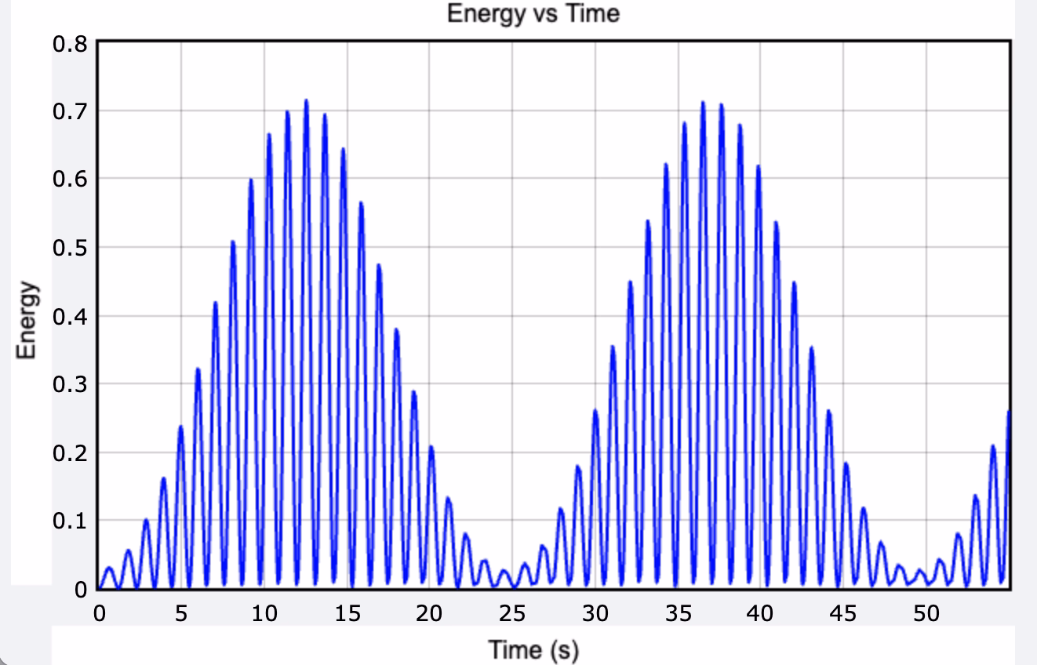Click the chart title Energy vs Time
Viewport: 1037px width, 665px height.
[533, 13]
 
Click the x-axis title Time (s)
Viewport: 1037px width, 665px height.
[533, 649]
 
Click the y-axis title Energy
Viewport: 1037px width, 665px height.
[27, 319]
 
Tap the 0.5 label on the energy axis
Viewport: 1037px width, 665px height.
[70, 248]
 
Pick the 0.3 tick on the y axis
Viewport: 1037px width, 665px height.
[70, 384]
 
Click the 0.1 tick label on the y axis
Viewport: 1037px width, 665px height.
[70, 521]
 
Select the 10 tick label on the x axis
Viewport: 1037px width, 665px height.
[264, 613]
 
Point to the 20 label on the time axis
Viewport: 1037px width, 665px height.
[429, 613]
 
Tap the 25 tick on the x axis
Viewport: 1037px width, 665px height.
[511, 613]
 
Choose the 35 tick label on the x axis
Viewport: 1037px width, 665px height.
[678, 613]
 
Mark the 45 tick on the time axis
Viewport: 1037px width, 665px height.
[843, 613]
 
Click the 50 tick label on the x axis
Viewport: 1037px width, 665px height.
[926, 613]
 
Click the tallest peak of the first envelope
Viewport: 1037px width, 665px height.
[306, 100]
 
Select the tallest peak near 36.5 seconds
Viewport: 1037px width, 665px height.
[703, 102]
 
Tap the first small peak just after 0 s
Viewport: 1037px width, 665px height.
[109, 567]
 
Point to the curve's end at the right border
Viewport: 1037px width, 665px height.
[1009, 412]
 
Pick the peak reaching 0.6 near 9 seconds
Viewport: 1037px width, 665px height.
[251, 180]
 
